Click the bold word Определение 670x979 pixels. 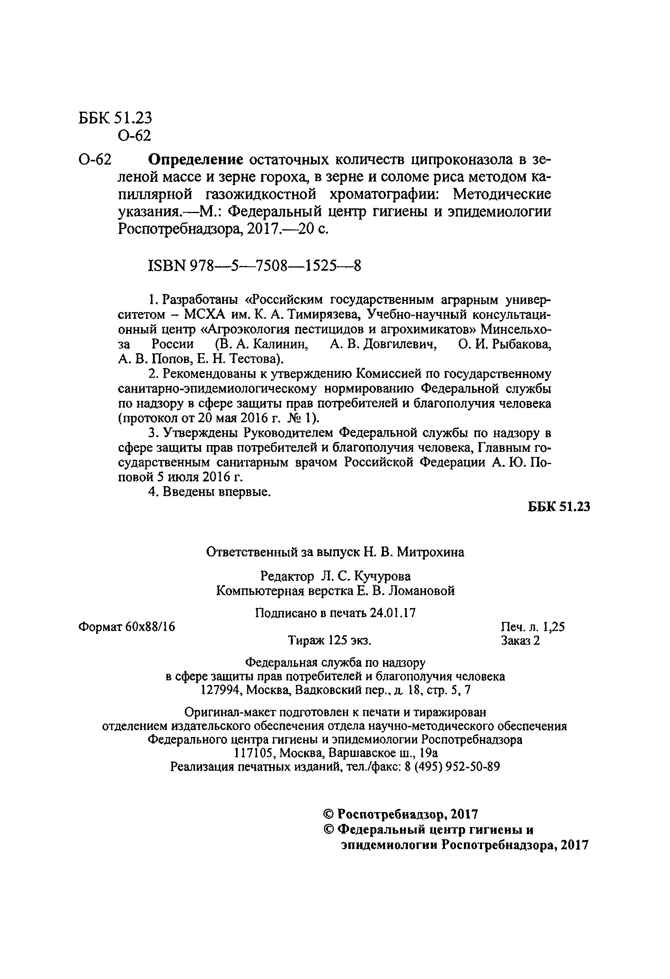click(197, 160)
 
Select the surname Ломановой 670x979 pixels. click(421, 591)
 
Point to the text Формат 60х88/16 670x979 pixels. click(127, 627)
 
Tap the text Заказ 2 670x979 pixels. click(520, 641)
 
